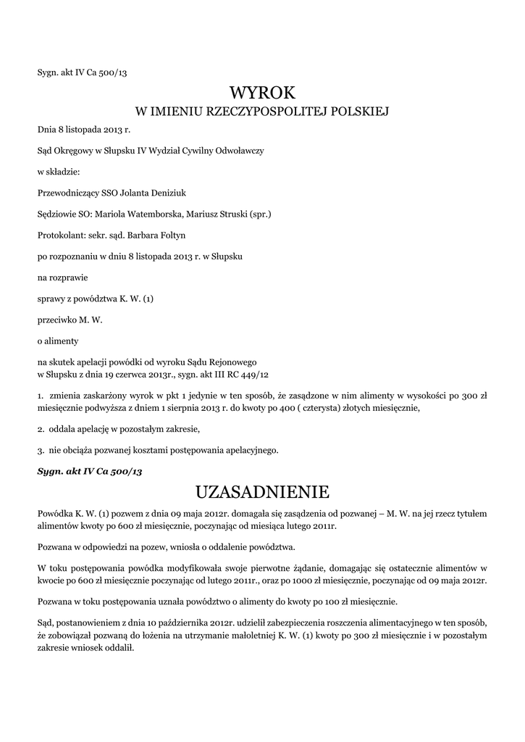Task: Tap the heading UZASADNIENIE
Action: point(262,493)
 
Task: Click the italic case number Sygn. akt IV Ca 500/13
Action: point(90,471)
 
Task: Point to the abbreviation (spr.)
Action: point(259,214)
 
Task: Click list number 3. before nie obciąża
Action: point(41,450)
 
